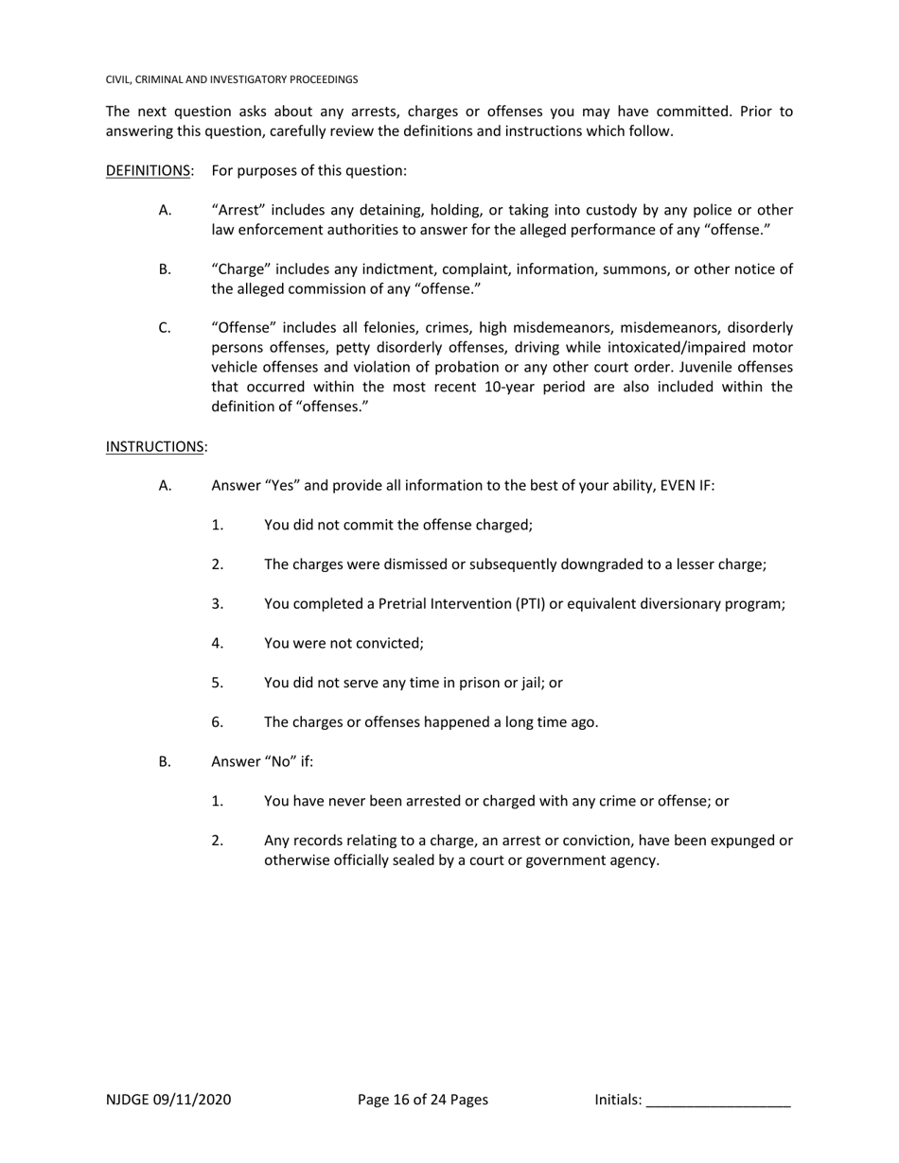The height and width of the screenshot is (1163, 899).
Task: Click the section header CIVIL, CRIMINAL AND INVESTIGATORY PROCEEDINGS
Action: [x=232, y=80]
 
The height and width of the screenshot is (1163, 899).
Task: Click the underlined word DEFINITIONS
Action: [x=149, y=171]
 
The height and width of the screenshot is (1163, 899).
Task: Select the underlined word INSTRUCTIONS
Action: [x=155, y=446]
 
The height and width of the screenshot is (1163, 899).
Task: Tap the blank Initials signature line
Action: [x=718, y=1101]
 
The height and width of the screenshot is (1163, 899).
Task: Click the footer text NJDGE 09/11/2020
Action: [x=168, y=1100]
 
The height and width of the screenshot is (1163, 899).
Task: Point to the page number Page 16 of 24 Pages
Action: [x=423, y=1100]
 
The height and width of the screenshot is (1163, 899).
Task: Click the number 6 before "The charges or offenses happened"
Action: [x=217, y=722]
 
